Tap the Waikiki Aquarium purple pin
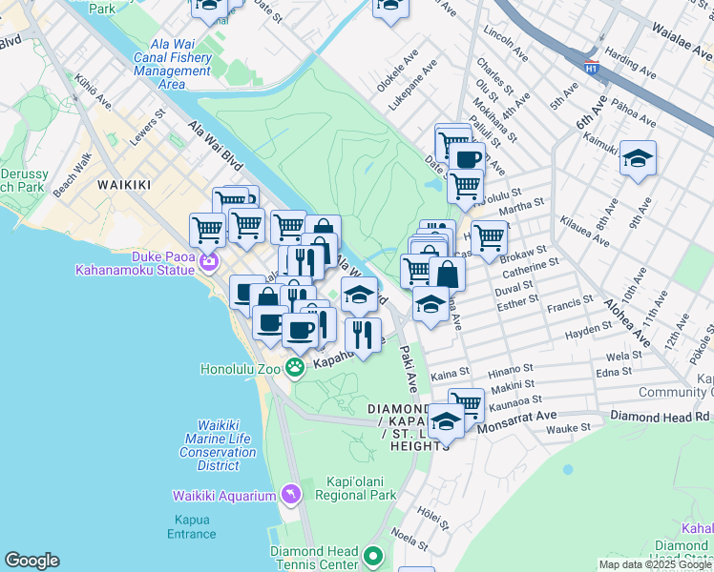(x=291, y=494)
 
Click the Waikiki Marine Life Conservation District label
(x=219, y=445)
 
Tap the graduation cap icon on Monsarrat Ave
(x=445, y=419)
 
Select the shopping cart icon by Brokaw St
(x=489, y=237)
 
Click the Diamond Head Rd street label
(x=661, y=417)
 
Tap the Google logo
(x=31, y=561)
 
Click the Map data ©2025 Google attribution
(x=654, y=564)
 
